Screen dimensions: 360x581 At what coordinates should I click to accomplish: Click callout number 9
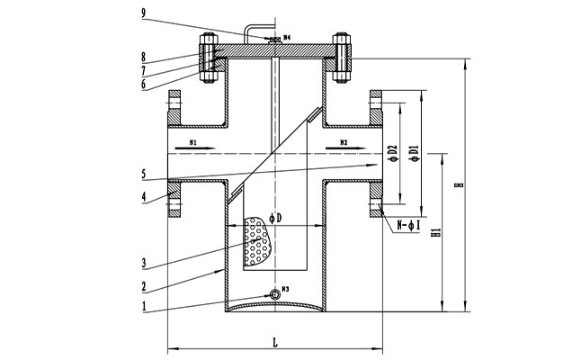click(x=145, y=13)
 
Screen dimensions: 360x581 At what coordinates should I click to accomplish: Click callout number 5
click(x=144, y=172)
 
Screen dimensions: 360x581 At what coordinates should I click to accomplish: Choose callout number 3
click(x=144, y=265)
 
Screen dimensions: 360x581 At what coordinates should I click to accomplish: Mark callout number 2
click(x=144, y=287)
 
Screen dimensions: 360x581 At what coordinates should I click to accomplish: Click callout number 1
click(x=144, y=306)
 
